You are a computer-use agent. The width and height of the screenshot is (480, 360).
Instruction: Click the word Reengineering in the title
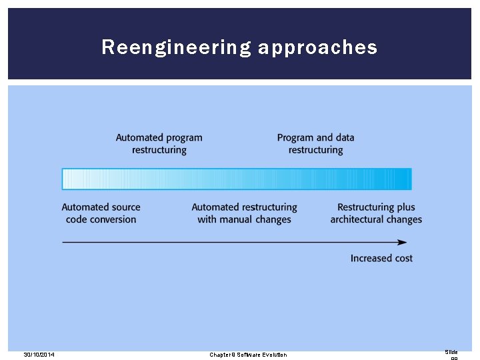pyautogui.click(x=177, y=47)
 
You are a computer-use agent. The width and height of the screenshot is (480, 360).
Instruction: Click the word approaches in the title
pyautogui.click(x=317, y=47)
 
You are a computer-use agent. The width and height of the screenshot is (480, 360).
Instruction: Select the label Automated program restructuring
pyautogui.click(x=159, y=144)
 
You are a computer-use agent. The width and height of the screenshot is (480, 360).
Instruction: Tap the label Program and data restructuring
pyautogui.click(x=316, y=144)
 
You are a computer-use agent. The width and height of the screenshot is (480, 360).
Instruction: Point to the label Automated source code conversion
pyautogui.click(x=101, y=213)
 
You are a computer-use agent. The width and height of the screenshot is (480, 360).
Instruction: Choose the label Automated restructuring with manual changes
pyautogui.click(x=244, y=213)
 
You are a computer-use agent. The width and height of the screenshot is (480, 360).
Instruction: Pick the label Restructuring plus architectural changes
pyautogui.click(x=376, y=213)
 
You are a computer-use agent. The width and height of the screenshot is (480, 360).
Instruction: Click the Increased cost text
pyautogui.click(x=381, y=258)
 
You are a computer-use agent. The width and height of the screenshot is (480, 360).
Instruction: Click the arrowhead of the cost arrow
pyautogui.click(x=408, y=242)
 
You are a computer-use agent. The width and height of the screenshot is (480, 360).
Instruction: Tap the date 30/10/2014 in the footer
pyautogui.click(x=39, y=355)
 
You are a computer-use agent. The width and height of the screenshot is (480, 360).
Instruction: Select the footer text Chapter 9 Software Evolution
pyautogui.click(x=248, y=355)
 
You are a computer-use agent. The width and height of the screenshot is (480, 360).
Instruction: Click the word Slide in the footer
pyautogui.click(x=451, y=352)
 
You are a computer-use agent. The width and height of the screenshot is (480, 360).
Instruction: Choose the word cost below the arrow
pyautogui.click(x=402, y=258)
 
